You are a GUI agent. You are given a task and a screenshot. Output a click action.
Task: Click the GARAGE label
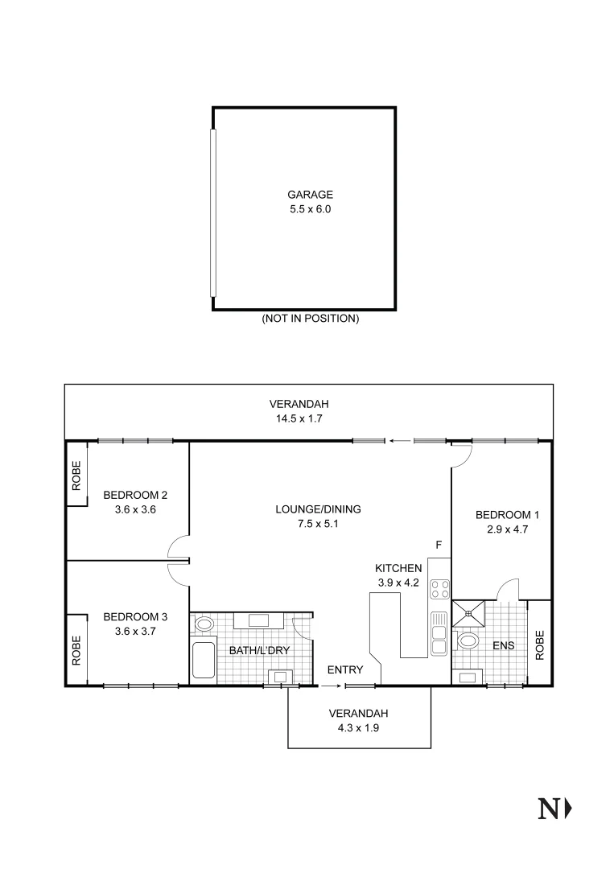pos(310,195)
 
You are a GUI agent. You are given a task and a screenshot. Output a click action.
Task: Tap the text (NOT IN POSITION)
pos(310,319)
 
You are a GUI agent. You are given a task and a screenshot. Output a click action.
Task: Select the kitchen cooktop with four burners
pos(439,590)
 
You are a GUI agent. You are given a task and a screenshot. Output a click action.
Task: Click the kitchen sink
pos(439,632)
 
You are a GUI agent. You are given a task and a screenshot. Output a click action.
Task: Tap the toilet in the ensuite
pos(468,642)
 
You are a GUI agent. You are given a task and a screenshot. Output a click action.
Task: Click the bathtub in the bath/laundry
pos(204,660)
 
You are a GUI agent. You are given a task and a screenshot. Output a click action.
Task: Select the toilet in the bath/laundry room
pos(204,623)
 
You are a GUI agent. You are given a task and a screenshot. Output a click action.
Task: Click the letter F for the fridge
pos(439,546)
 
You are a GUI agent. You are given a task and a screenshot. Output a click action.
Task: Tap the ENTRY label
pos(344,669)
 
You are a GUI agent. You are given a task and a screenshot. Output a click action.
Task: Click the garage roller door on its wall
pos(213,212)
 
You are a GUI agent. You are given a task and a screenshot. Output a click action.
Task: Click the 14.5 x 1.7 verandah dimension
pos(299,418)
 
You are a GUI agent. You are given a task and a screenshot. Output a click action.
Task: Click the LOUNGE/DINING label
pos(318,509)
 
